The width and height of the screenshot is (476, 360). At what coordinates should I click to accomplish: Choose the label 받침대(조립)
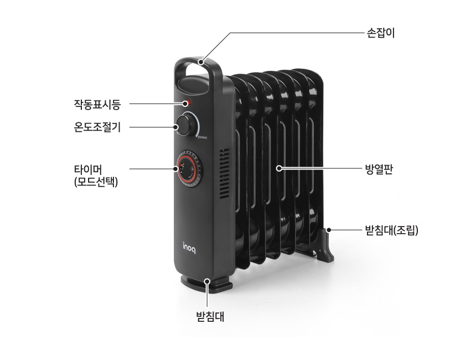coord(391,228)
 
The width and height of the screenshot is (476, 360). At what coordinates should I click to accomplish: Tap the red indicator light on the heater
coord(188,102)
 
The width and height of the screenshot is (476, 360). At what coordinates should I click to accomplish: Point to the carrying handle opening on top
coord(192,75)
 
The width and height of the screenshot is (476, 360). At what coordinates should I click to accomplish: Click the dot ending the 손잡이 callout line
coord(204,60)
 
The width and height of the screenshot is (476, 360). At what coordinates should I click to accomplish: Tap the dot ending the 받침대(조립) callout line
coord(329,228)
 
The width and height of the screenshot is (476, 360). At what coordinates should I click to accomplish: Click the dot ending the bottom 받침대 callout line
coord(208,281)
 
